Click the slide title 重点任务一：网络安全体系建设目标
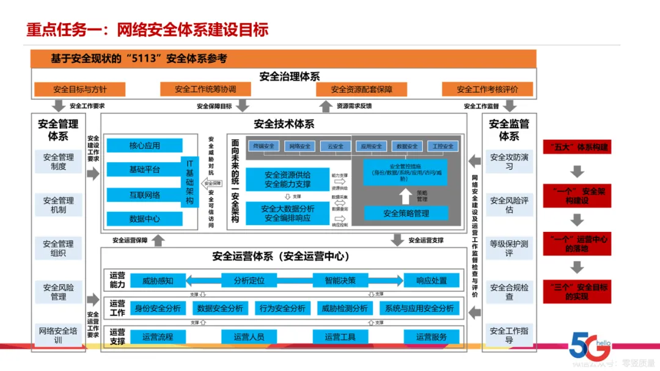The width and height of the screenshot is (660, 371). pos(147,29)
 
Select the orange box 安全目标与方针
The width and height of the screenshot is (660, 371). pos(79,89)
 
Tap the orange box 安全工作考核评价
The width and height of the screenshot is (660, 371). pos(487,89)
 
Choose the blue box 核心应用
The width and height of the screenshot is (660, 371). pos(144,146)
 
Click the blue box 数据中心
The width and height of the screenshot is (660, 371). pos(144,218)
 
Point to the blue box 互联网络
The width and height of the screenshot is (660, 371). pos(144,195)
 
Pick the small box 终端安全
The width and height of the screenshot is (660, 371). pos(263,146)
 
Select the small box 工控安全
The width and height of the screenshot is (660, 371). pos(442,146)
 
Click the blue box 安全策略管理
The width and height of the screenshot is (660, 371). pos(406,213)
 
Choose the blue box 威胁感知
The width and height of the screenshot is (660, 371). pos(158,281)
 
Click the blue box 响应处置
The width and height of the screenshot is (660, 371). pos(431,281)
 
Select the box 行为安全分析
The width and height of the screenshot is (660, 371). pos(282,309)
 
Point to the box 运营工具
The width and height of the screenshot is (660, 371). pos(340,337)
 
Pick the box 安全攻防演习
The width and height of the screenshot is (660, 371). pos(508,162)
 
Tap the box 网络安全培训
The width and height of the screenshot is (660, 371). pos(59,335)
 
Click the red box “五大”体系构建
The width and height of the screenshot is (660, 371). pos(576,147)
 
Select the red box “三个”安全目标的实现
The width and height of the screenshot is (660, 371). pos(576,292)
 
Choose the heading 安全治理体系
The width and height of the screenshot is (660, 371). pos(289,76)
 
